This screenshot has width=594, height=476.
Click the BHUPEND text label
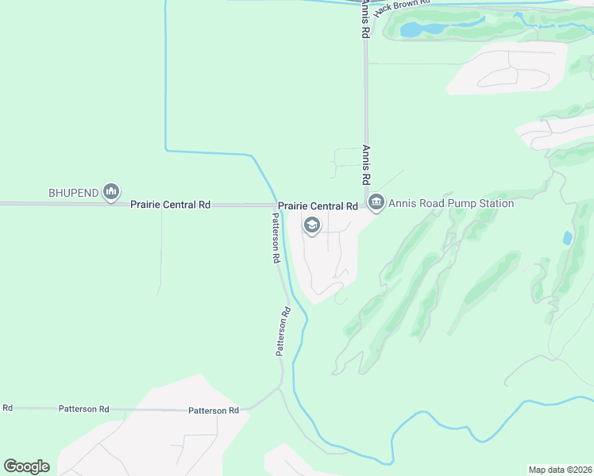[x=71, y=193]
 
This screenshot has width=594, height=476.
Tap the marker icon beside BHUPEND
[x=111, y=191]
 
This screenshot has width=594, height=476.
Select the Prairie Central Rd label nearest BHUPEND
[x=170, y=205]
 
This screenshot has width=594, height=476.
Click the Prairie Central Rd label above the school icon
[x=318, y=206]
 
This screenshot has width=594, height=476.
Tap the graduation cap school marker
[x=312, y=227]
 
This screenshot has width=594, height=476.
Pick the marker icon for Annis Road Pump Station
[x=376, y=203]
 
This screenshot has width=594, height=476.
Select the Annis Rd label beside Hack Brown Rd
[x=365, y=20]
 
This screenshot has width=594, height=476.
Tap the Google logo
[x=27, y=466]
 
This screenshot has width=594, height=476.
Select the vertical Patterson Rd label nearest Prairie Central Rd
[x=276, y=238]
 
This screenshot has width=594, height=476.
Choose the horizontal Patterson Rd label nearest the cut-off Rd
[x=83, y=409]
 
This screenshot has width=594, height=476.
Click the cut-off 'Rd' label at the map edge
[x=7, y=408]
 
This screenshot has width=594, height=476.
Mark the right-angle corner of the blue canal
[x=166, y=148]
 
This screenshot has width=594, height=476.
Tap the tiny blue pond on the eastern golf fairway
[x=566, y=237]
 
